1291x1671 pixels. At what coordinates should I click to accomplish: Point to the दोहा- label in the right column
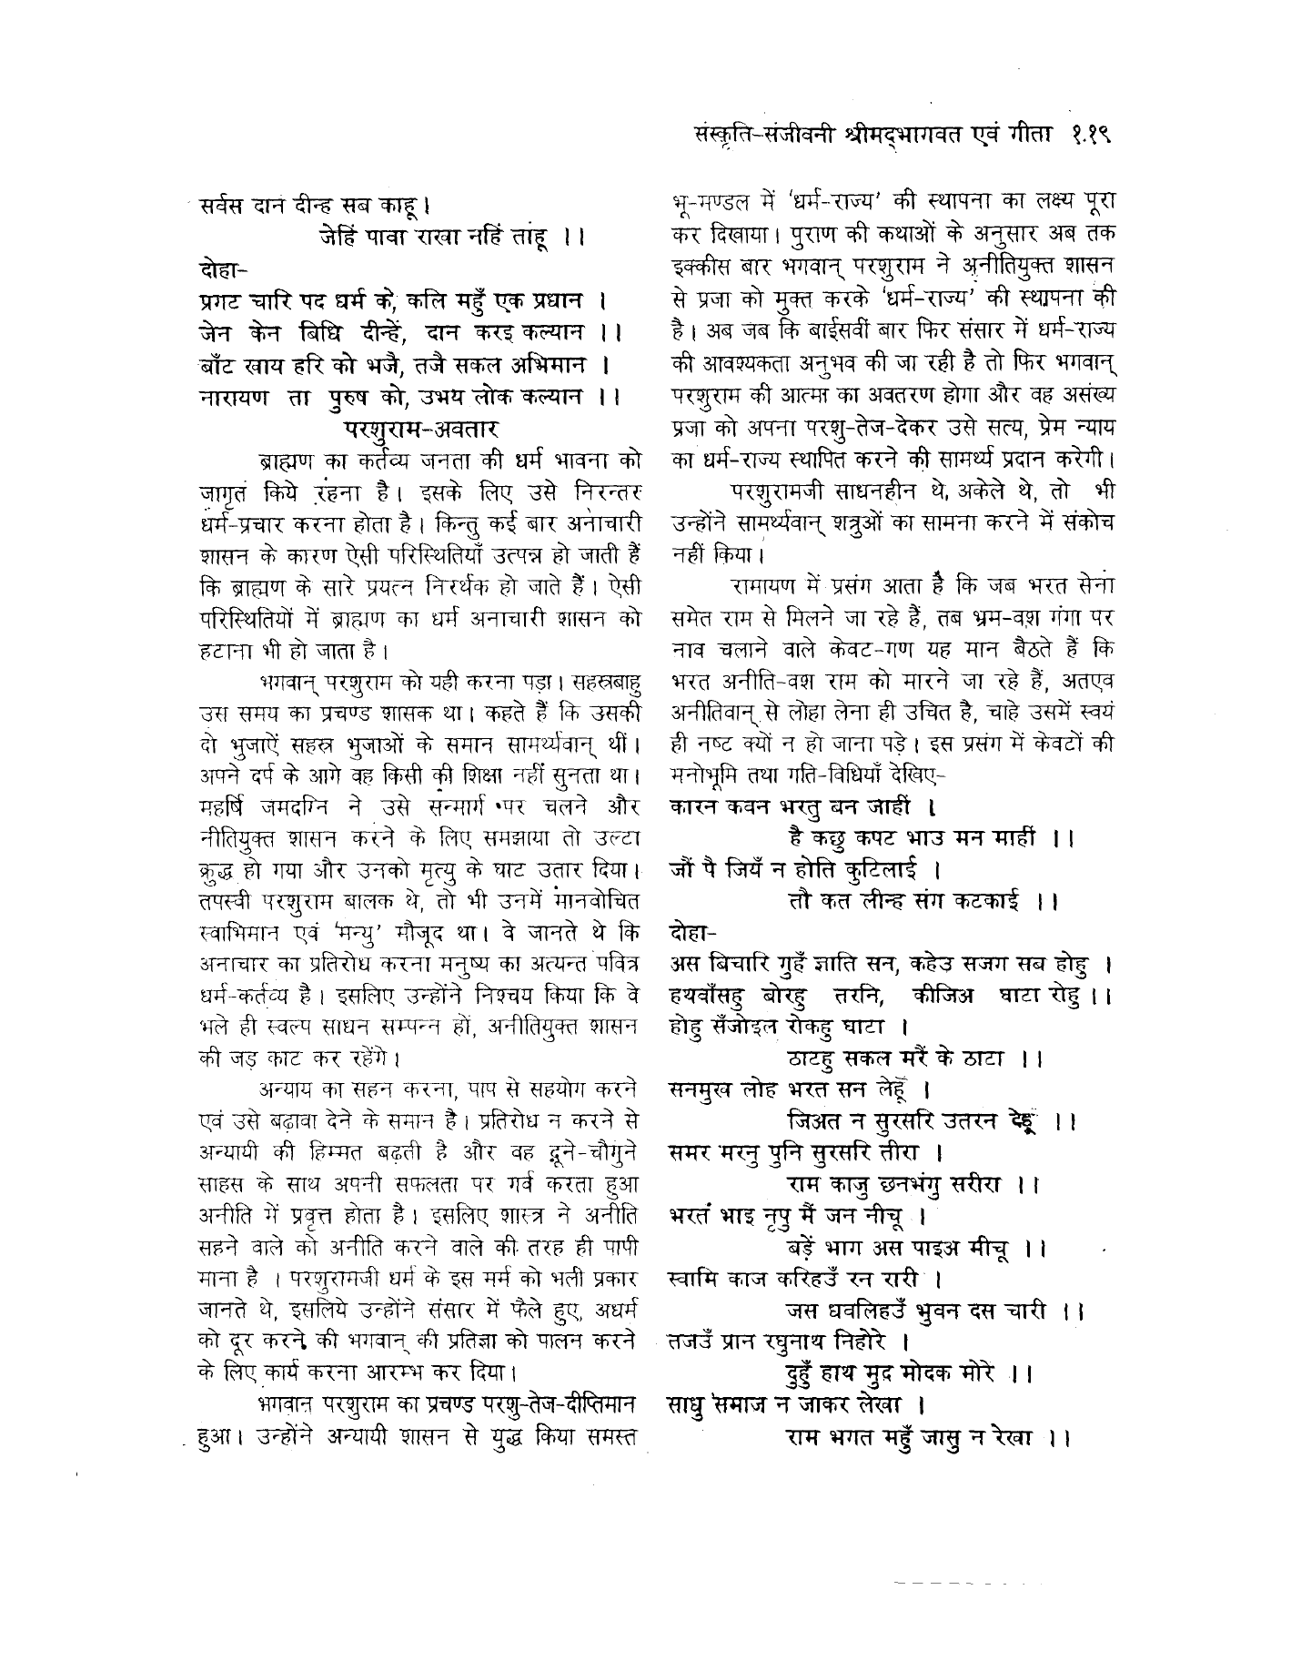(692, 933)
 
